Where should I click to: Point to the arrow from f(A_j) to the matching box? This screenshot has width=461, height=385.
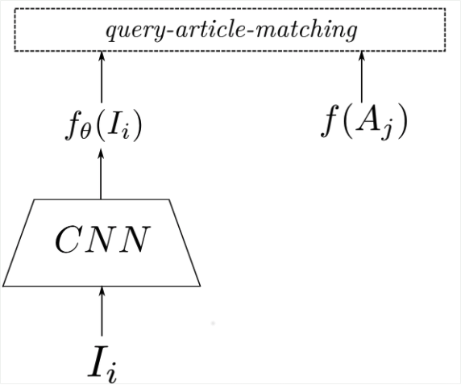tap(362, 77)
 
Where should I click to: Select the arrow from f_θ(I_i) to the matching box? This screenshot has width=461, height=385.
tap(102, 77)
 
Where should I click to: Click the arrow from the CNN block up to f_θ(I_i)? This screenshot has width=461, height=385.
tap(101, 174)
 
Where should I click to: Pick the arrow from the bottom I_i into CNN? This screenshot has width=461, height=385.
tap(102, 311)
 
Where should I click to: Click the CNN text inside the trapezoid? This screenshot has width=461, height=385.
tap(102, 240)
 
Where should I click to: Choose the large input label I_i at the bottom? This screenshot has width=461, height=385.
tap(102, 365)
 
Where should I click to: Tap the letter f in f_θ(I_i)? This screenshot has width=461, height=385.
tap(73, 125)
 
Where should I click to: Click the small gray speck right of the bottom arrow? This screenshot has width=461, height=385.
tap(213, 323)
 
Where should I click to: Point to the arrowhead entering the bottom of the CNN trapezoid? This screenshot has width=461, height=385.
tap(102, 291)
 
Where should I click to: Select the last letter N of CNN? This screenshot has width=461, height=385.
tap(136, 240)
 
